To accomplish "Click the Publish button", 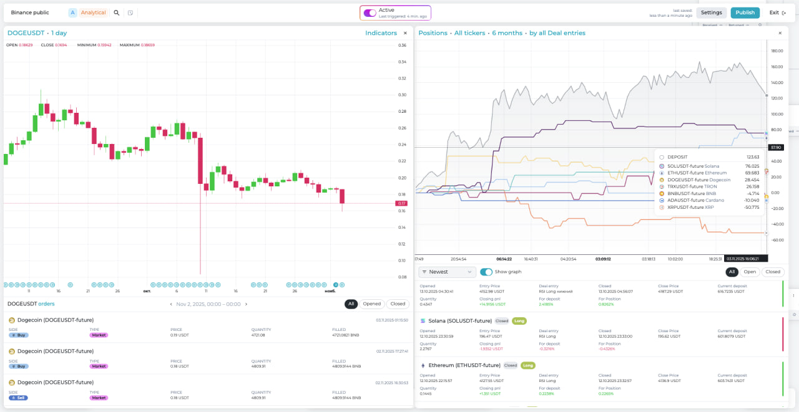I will tap(745, 12).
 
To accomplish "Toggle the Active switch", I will tap(370, 12).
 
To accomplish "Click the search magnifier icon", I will tap(116, 12).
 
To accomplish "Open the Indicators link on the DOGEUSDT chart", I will tap(381, 33).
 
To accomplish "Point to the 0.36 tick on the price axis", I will tap(403, 46).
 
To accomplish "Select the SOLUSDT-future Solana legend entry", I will tap(693, 166).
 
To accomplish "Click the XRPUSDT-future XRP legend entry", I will tap(690, 207).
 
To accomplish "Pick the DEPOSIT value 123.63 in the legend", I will tap(753, 157).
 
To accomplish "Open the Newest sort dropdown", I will tap(447, 272).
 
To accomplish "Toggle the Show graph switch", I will tap(486, 272).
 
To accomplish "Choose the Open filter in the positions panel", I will tap(750, 272).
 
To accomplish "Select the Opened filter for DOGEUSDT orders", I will tap(372, 304).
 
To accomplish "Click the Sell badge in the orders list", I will tap(18, 397).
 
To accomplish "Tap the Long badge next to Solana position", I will tap(519, 321).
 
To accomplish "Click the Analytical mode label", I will tap(93, 12).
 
